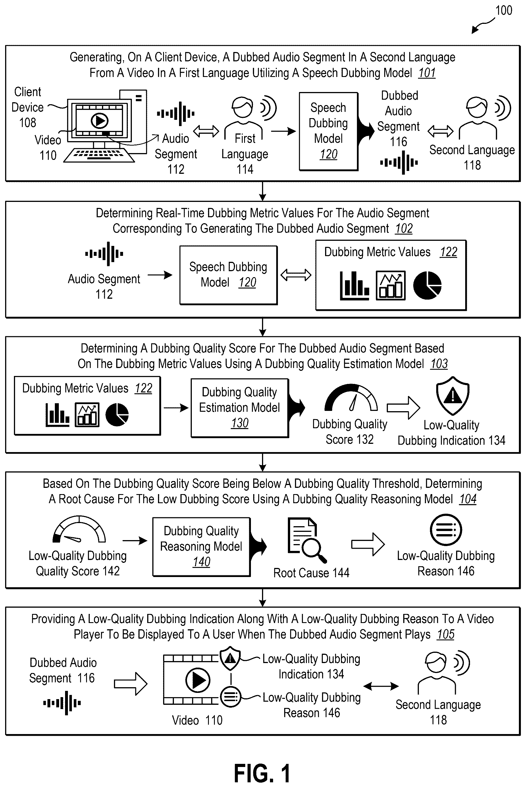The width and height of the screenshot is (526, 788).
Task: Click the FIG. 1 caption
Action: (x=262, y=773)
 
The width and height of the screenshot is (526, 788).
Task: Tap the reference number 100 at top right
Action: (x=504, y=11)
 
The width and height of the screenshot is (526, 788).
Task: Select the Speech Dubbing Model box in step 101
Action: (x=329, y=131)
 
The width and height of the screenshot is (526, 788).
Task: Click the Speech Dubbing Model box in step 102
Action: (x=228, y=275)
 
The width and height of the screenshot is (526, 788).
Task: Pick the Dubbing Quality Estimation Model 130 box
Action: (x=240, y=408)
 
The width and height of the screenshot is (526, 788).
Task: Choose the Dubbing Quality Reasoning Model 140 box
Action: (x=201, y=547)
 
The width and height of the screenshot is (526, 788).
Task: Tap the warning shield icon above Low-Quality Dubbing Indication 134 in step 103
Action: (x=452, y=396)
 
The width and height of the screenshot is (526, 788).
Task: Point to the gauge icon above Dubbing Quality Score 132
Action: (x=351, y=398)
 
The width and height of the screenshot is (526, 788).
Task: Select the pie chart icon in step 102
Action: (x=427, y=285)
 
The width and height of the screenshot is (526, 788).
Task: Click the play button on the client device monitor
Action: (x=100, y=121)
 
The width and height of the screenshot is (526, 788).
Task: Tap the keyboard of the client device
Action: (x=99, y=155)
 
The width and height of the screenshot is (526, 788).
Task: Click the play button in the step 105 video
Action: (x=197, y=680)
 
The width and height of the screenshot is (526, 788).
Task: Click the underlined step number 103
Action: (x=439, y=364)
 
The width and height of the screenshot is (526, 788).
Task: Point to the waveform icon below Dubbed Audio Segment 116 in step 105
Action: (x=62, y=703)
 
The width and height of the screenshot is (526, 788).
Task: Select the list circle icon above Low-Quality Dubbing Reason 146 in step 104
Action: (x=446, y=530)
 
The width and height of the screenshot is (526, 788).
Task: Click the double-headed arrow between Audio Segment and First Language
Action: (x=206, y=131)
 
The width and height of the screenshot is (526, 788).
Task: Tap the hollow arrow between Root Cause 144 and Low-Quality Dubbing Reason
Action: (x=368, y=544)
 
